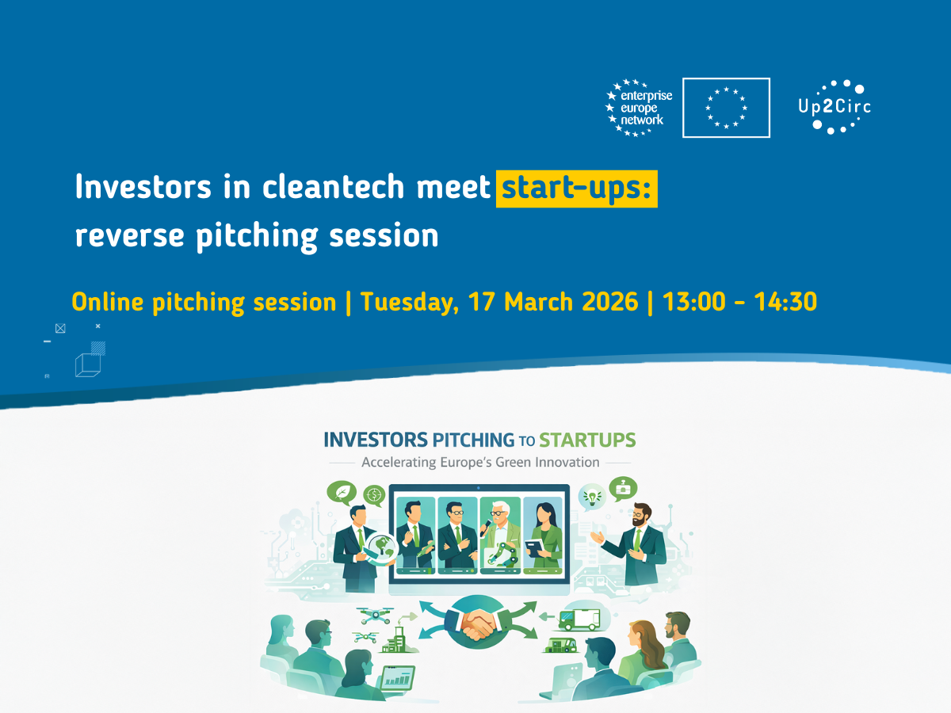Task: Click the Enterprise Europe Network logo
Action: point(639,108)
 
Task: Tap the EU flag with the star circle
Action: point(726,108)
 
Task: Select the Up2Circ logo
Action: point(835,107)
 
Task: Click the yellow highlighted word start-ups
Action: point(577,189)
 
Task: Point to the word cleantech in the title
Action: point(333,187)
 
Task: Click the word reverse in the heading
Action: point(129,235)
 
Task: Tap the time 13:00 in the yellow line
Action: point(693,301)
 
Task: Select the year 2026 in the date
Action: point(610,301)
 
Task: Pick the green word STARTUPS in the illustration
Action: point(587,440)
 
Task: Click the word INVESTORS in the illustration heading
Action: point(376,440)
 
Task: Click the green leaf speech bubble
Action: point(342,493)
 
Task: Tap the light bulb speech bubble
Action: point(591,497)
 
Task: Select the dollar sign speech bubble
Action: point(374,495)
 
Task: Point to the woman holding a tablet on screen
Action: point(544,536)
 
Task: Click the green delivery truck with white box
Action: point(579,619)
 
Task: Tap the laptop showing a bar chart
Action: point(397,678)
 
